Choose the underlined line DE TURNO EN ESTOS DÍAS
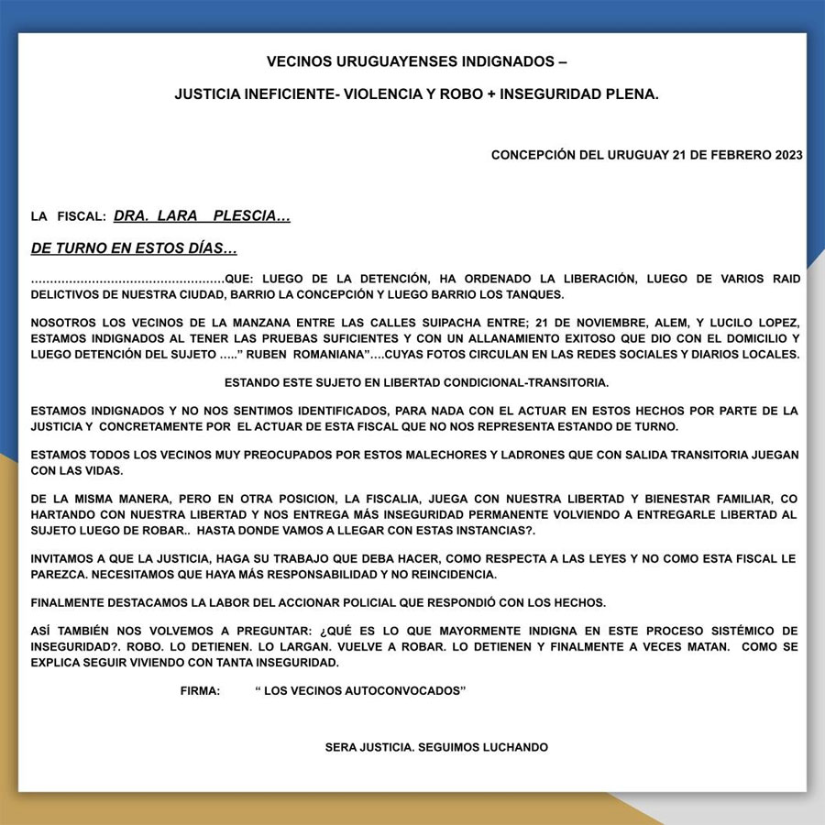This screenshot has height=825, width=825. click(134, 248)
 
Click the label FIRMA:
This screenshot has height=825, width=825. click(200, 690)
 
